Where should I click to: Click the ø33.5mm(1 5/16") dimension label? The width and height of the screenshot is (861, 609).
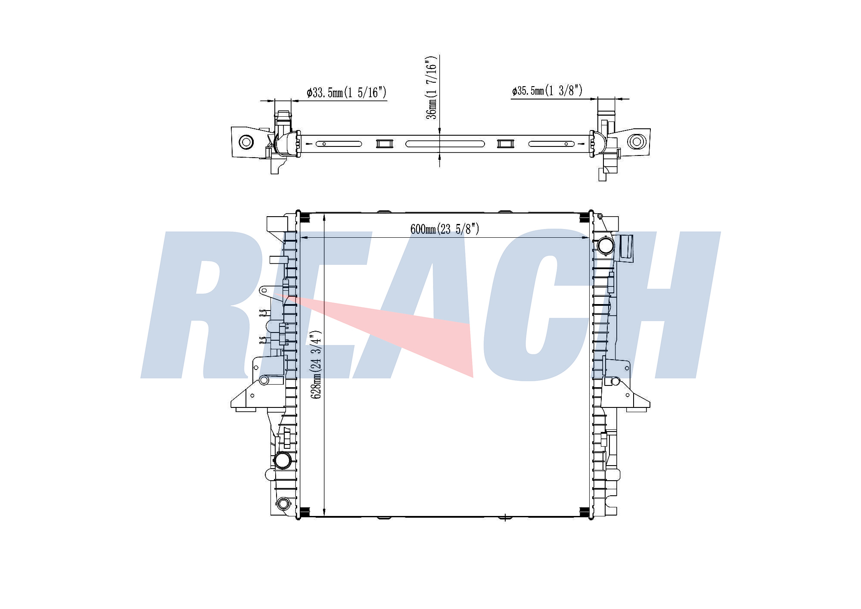pyautogui.click(x=346, y=93)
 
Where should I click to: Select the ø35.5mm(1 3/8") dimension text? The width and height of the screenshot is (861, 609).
pyautogui.click(x=547, y=91)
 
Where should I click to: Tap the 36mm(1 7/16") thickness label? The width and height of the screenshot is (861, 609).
pyautogui.click(x=432, y=87)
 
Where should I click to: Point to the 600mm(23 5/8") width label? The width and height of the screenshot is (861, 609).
pyautogui.click(x=444, y=229)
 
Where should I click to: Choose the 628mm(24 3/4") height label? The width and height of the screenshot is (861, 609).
pyautogui.click(x=317, y=364)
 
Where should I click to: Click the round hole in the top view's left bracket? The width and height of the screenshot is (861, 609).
pyautogui.click(x=246, y=142)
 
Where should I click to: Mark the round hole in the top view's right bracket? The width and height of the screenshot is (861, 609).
pyautogui.click(x=636, y=141)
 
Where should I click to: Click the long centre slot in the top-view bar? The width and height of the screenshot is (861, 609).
pyautogui.click(x=445, y=144)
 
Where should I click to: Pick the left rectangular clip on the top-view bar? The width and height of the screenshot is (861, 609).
pyautogui.click(x=384, y=143)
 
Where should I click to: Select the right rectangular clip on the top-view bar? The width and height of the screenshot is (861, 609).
pyautogui.click(x=505, y=143)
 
